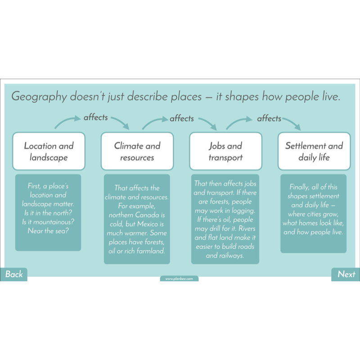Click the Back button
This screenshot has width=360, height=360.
coord(14,274)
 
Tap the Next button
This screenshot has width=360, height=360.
coord(346,274)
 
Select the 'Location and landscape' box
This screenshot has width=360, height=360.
coord(49,151)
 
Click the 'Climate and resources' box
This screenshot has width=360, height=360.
coord(137,151)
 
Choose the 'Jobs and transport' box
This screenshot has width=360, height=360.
coord(225,151)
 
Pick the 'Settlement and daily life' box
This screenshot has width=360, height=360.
coord(314,151)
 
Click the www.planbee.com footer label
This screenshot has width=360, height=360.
coord(179,279)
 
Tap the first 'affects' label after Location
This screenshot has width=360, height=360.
coord(95,117)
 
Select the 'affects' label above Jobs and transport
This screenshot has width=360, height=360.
coord(181,119)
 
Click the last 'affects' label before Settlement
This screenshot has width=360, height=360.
coord(269,119)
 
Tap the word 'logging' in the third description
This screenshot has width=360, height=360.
coord(242,211)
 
